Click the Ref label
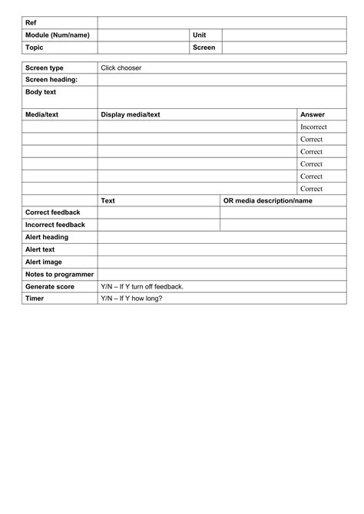coord(31,23)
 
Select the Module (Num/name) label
coord(58,35)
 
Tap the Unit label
coord(200,35)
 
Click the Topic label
coord(35,48)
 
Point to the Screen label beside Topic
coord(204,48)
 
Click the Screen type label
coord(45,68)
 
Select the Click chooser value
coord(121,68)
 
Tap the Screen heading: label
coord(51,80)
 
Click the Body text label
coord(41,92)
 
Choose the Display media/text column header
coord(131,114)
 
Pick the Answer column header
coord(313,114)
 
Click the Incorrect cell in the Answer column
coord(314,127)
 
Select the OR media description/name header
coord(268,200)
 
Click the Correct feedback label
coord(53,213)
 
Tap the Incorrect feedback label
coord(55,225)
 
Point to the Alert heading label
coord(47,237)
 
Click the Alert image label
coord(45,262)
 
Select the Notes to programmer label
coord(59,274)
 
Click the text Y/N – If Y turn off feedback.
coord(142,286)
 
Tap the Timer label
coord(35,298)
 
